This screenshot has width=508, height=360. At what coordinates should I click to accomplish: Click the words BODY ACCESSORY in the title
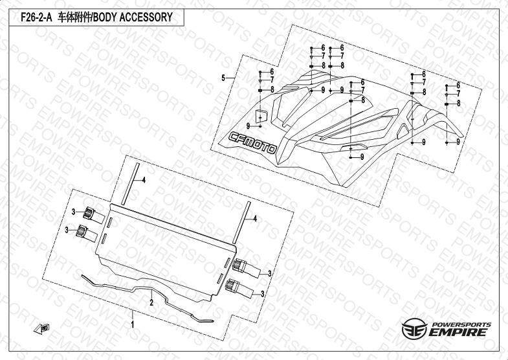click(x=135, y=17)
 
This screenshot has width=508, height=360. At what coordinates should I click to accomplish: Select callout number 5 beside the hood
click(x=223, y=78)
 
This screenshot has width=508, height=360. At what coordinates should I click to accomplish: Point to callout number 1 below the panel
click(x=133, y=322)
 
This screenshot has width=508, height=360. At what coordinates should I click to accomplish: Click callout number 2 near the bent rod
click(x=151, y=302)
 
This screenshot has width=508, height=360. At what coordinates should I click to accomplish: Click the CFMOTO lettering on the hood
click(x=254, y=142)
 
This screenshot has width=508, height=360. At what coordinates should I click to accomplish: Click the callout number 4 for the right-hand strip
click(x=255, y=219)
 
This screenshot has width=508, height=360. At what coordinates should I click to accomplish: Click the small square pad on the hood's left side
click(x=261, y=115)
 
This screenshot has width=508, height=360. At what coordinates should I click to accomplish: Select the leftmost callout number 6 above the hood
click(x=272, y=71)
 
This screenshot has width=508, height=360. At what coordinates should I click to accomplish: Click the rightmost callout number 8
click(x=458, y=103)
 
